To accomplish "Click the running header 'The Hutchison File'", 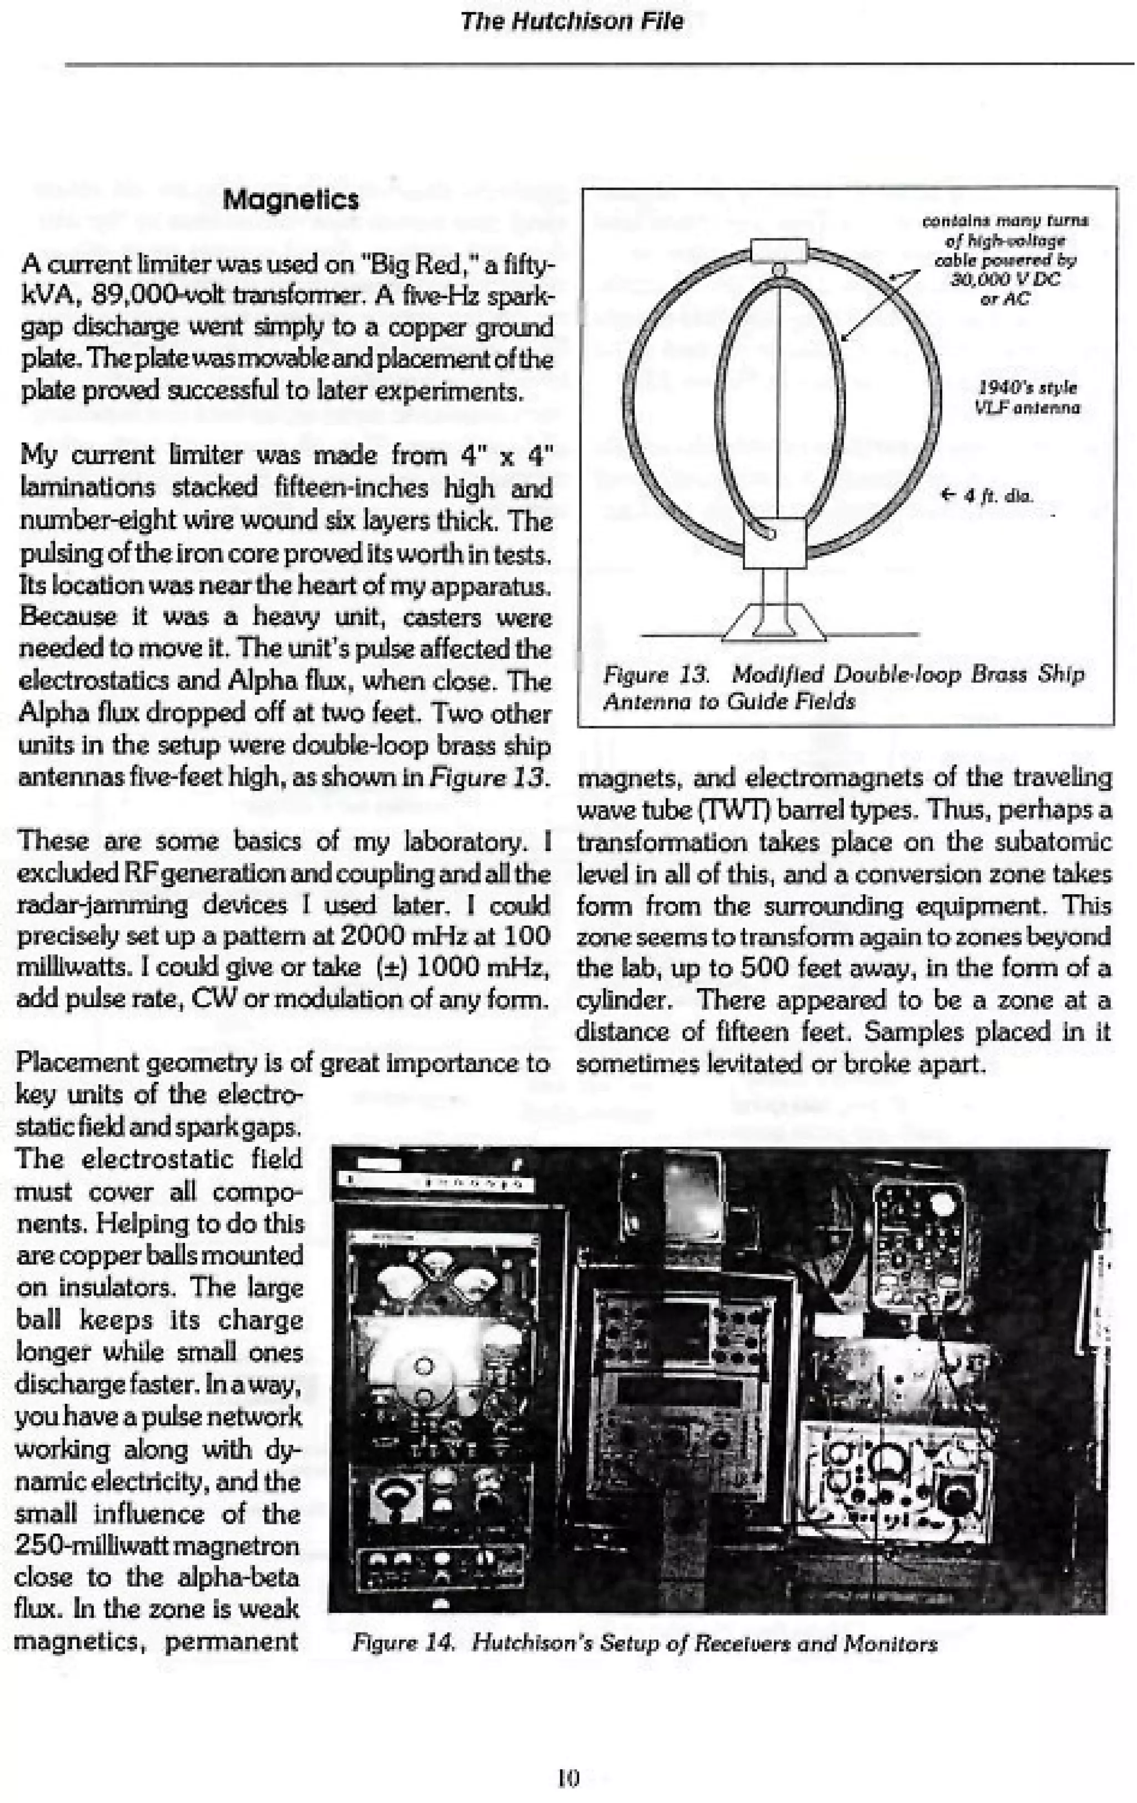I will [x=571, y=21].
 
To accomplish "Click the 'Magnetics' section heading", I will [x=290, y=200].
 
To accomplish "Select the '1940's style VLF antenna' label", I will [x=1027, y=397].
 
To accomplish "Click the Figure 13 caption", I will [x=843, y=687].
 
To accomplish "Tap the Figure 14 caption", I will [x=644, y=1644].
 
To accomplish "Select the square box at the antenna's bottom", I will [x=774, y=543].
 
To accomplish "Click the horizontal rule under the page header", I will [x=599, y=64].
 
